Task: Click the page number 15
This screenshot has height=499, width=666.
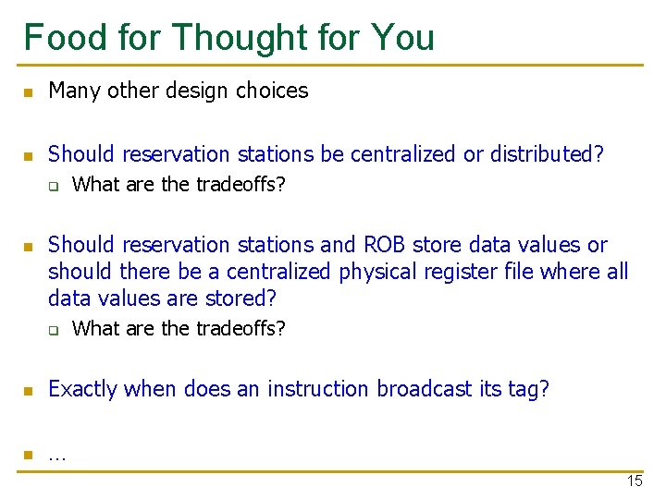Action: click(x=635, y=481)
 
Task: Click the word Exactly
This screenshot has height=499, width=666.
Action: click(x=82, y=389)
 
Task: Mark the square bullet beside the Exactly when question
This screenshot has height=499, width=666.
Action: click(x=29, y=391)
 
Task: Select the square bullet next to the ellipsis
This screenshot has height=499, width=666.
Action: click(x=29, y=455)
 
